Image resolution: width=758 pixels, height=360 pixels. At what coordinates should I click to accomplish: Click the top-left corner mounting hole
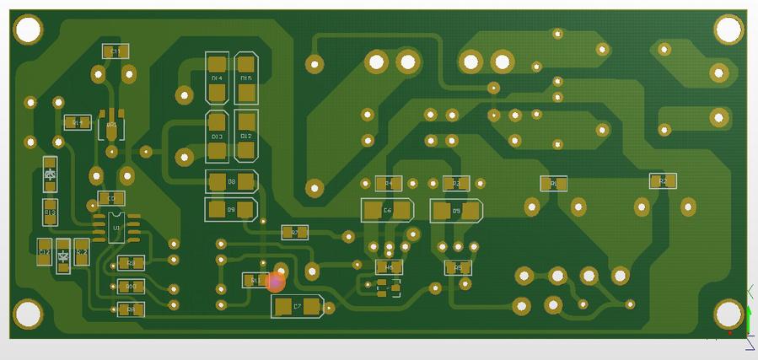pyautogui.click(x=28, y=30)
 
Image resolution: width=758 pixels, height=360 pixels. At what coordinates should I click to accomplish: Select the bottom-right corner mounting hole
pyautogui.click(x=728, y=314)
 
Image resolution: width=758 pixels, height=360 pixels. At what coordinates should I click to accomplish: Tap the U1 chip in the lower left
pyautogui.click(x=117, y=228)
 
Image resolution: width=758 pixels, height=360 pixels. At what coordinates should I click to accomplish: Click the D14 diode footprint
pyautogui.click(x=218, y=78)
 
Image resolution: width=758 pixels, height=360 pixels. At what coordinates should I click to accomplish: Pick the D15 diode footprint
pyautogui.click(x=246, y=78)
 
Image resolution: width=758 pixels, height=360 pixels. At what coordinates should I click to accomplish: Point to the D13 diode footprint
pyautogui.click(x=218, y=136)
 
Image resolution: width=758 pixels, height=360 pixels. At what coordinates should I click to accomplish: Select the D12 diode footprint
pyautogui.click(x=246, y=136)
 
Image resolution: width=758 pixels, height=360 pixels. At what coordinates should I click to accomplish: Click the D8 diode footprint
pyautogui.click(x=231, y=181)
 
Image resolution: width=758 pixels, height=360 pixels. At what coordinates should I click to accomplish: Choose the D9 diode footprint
pyautogui.click(x=231, y=208)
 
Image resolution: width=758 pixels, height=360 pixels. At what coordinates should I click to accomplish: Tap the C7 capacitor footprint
pyautogui.click(x=298, y=307)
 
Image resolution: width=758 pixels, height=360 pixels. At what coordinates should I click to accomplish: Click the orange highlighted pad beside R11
pyautogui.click(x=275, y=282)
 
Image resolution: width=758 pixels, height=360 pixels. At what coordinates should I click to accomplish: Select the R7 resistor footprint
pyautogui.click(x=294, y=232)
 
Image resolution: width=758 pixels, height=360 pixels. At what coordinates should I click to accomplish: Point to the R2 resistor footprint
pyautogui.click(x=663, y=181)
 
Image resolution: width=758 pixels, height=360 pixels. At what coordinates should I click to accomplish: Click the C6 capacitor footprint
pyautogui.click(x=388, y=210)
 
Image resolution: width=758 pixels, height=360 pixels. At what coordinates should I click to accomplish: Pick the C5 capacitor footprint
pyautogui.click(x=456, y=210)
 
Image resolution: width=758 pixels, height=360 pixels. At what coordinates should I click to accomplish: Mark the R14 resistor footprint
pyautogui.click(x=77, y=122)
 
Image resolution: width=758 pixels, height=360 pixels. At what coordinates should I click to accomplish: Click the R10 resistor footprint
pyautogui.click(x=131, y=287)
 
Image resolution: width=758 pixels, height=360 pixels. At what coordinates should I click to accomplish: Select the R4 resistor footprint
pyautogui.click(x=388, y=183)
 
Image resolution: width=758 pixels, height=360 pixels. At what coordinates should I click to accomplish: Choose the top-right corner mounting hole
pyautogui.click(x=728, y=30)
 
